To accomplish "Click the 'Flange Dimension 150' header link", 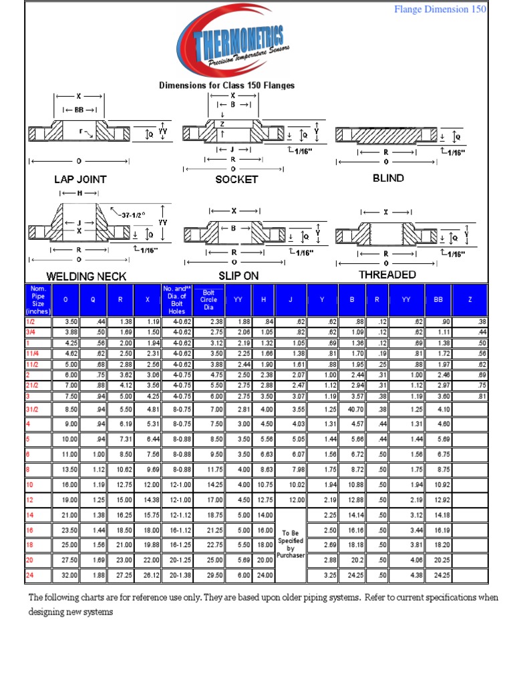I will (440, 9).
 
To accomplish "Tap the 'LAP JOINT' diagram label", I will (80, 180).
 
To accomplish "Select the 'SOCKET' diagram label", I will (236, 180).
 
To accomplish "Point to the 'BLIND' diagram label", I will (388, 178).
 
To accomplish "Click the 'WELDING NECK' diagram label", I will (86, 276).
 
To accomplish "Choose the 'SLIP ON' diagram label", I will (238, 275).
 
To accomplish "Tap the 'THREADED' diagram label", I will (387, 275).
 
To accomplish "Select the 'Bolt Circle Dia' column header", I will (209, 300).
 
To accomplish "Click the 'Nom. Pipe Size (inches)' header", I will (38, 300).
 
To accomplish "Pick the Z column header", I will (470, 300).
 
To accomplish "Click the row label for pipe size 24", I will (31, 575).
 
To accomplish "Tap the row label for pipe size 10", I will (31, 484).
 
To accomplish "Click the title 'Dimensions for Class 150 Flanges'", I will (226, 85).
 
